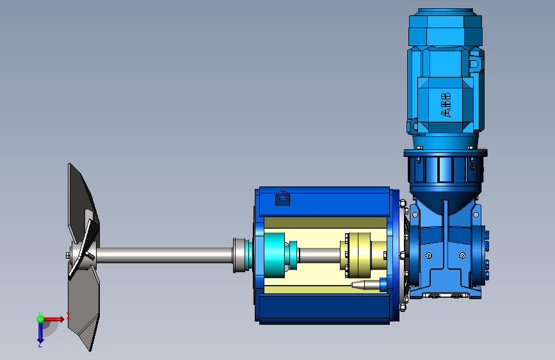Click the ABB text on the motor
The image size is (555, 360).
pyautogui.click(x=446, y=105)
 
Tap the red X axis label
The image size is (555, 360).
pyautogui.click(x=68, y=316)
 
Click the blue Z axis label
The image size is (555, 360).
pyautogui.click(x=40, y=344)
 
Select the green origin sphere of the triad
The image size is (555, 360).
pyautogui.click(x=40, y=319)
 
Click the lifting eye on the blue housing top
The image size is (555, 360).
pyautogui.click(x=282, y=198)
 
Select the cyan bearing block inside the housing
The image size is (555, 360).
pyautogui.click(x=275, y=255)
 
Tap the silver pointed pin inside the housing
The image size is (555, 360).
pyautogui.click(x=366, y=284)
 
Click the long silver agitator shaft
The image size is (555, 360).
pyautogui.click(x=165, y=255)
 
